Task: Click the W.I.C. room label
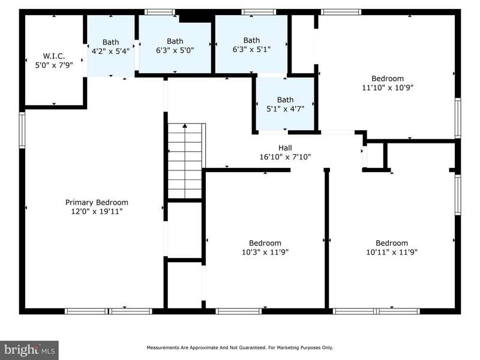54,56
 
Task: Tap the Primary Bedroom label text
97,202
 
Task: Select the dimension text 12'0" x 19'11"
97,211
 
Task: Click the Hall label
285,148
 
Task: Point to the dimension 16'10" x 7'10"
285,157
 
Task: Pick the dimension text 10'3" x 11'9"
265,252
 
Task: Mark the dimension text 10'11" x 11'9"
392,252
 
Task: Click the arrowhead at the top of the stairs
185,125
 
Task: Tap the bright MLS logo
29,350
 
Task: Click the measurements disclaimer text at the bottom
239,347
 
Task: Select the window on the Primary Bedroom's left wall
22,130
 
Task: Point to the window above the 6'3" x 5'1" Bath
259,12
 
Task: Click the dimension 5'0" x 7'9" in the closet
54,65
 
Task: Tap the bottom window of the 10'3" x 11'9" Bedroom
238,311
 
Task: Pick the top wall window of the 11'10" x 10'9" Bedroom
341,12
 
